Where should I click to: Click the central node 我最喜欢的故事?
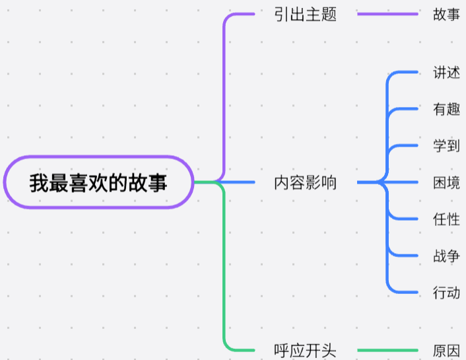click(99, 182)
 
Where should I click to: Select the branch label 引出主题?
click(306, 15)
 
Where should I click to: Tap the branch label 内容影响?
click(306, 183)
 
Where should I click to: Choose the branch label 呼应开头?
click(306, 350)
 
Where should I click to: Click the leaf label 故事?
click(447, 15)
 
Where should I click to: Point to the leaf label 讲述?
click(447, 73)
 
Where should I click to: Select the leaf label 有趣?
click(447, 110)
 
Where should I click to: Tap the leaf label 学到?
click(447, 146)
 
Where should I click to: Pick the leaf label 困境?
click(447, 183)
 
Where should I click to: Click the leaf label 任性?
click(447, 219)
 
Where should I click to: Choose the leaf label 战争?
click(447, 256)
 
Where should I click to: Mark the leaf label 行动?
click(447, 292)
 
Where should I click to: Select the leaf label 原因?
click(447, 350)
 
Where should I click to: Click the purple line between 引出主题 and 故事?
click(387, 14)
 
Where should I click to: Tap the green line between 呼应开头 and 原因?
click(387, 350)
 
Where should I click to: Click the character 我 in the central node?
click(38, 182)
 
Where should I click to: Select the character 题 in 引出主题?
click(329, 15)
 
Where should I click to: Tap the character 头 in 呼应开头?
click(329, 350)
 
